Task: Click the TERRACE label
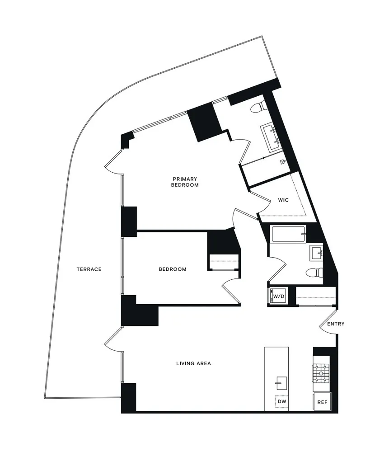89,269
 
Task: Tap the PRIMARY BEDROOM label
185,182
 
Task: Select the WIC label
283,200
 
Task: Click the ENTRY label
336,324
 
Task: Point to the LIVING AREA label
193,363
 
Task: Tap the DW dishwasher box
281,401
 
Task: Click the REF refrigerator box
322,401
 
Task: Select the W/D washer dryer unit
279,297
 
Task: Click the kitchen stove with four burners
322,373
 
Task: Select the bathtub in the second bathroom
288,234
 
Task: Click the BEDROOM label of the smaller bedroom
173,269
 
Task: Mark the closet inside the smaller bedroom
223,262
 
